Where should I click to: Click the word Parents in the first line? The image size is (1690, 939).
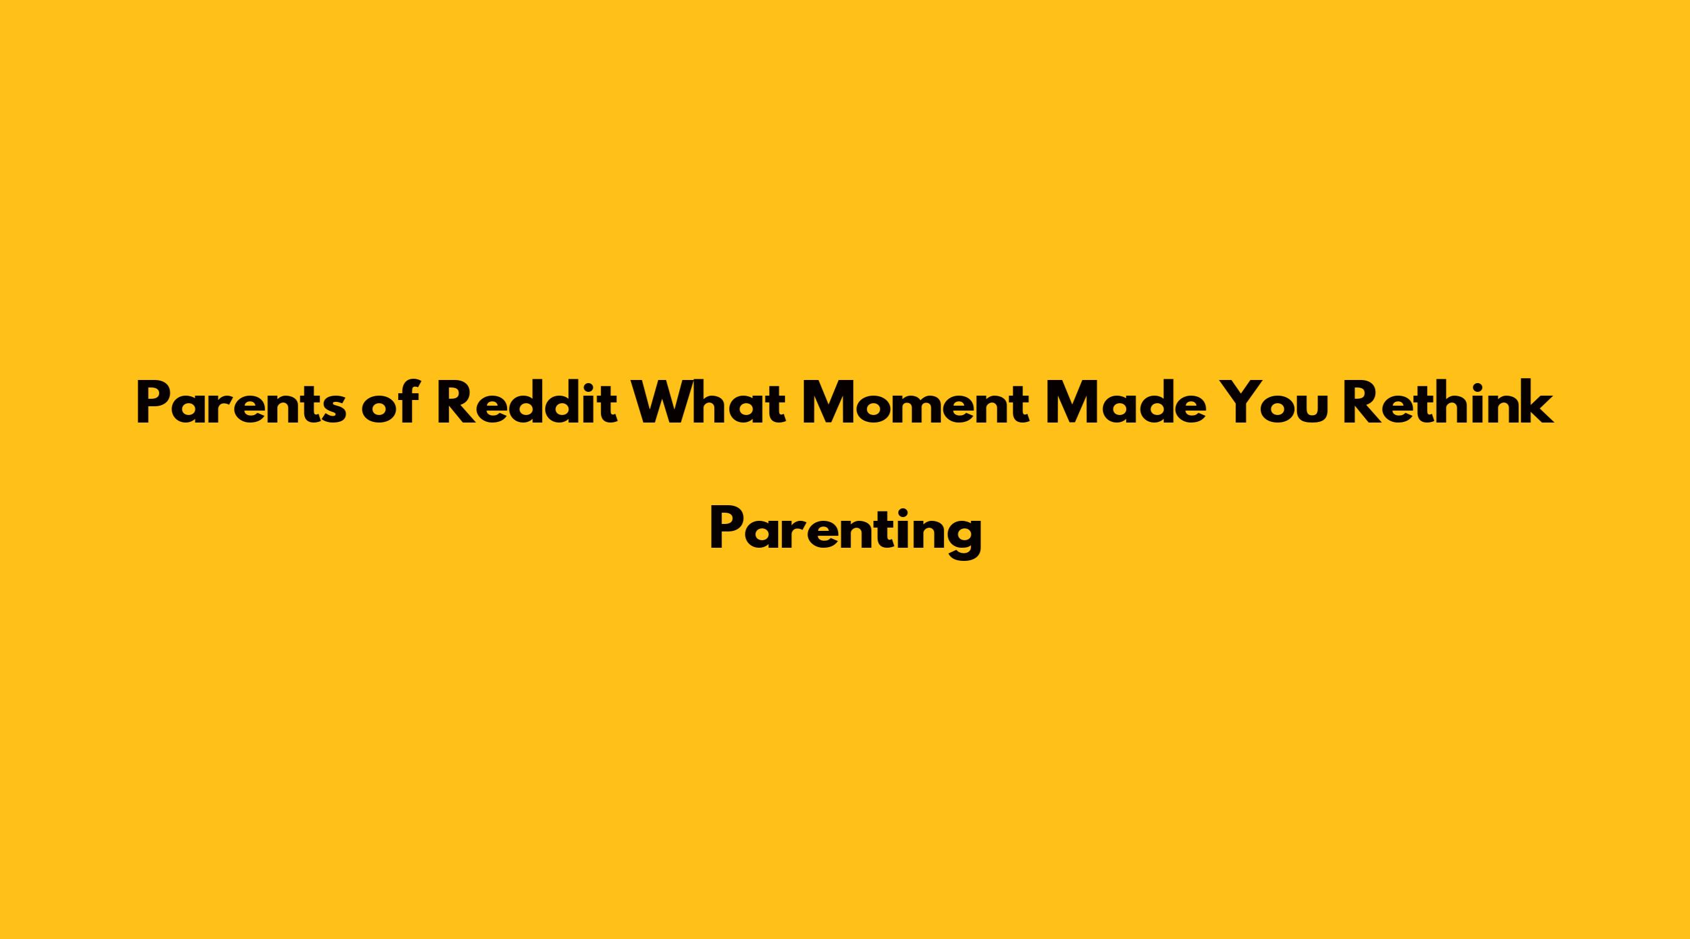tap(240, 404)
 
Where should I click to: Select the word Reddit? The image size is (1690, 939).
tap(528, 403)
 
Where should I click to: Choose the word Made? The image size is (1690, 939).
tap(1125, 403)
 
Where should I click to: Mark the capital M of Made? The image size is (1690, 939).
tap(1072, 404)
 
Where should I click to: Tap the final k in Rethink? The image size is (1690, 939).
tap(1536, 403)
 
